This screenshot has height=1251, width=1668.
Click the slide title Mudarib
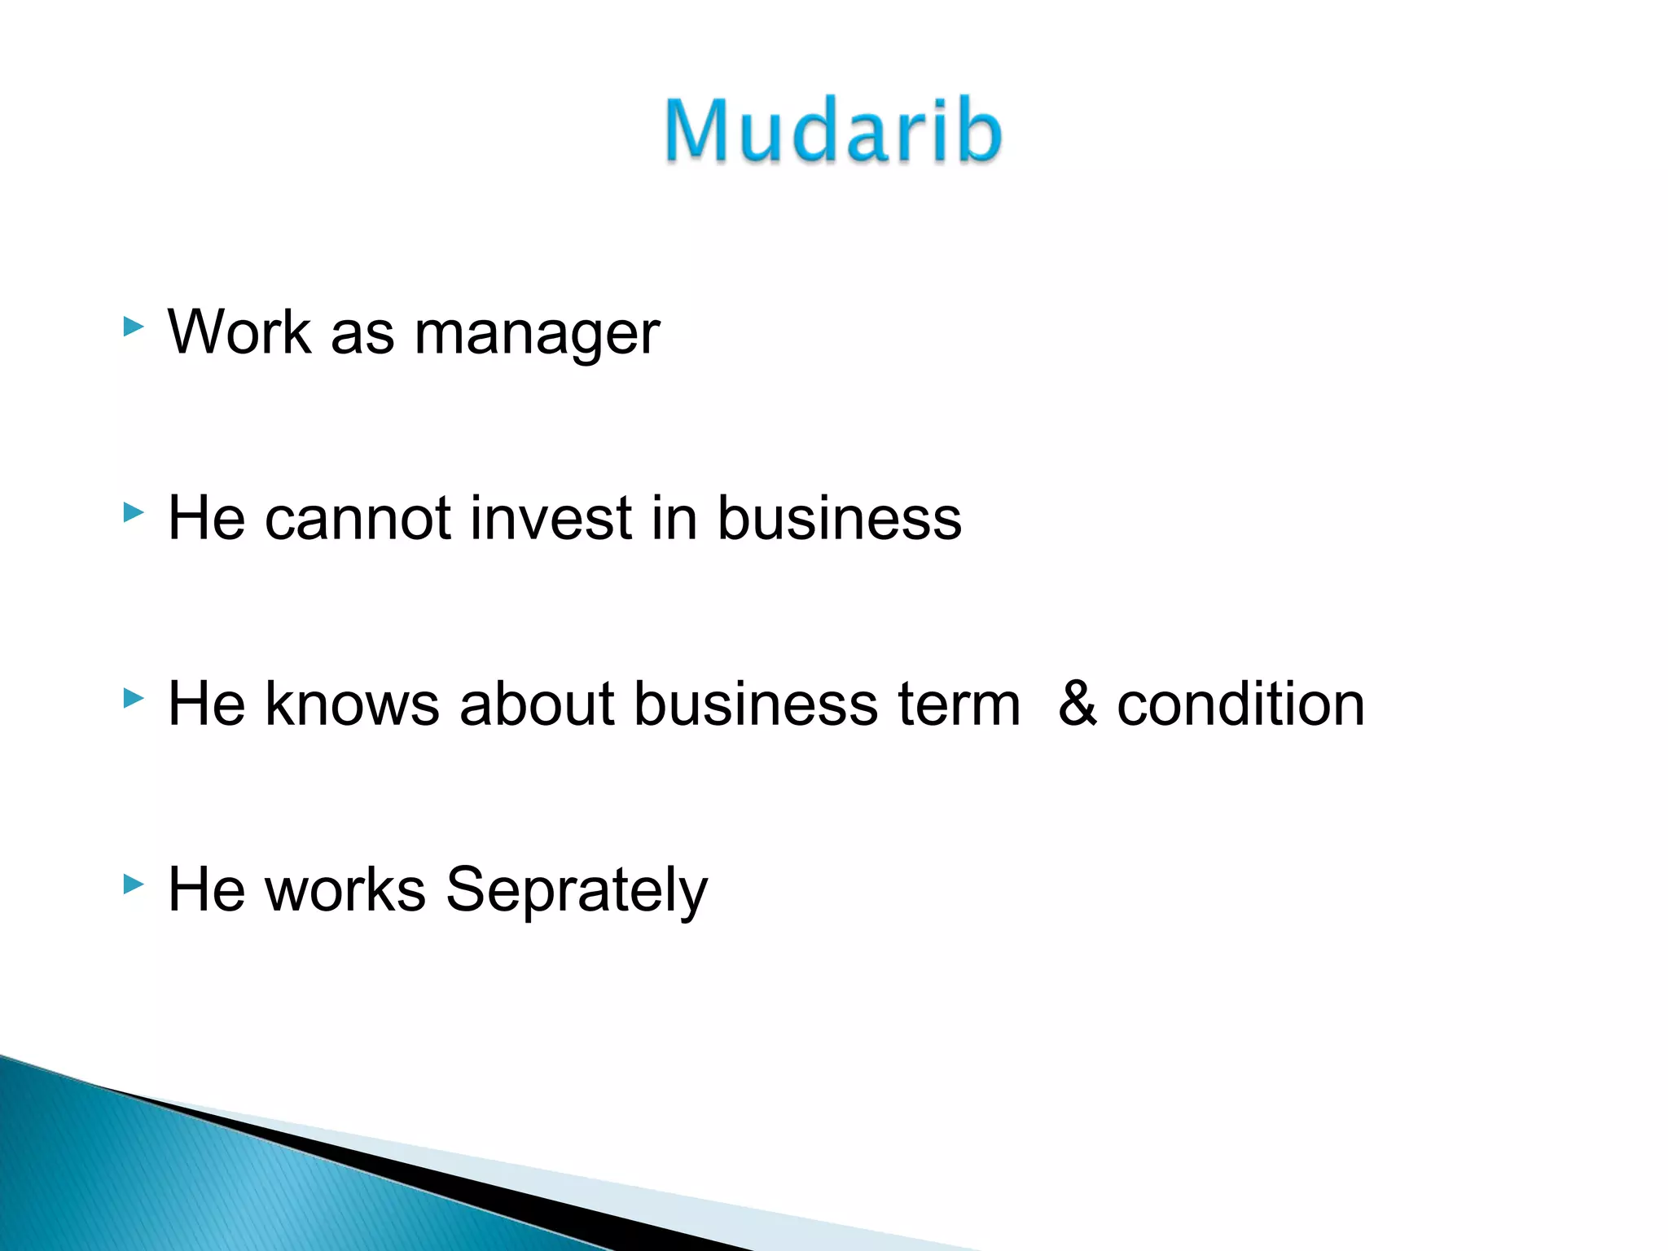click(x=832, y=130)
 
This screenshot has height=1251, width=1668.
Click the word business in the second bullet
click(x=839, y=518)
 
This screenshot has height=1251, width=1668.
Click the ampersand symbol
click(x=1077, y=704)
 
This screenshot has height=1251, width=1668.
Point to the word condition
click(x=1240, y=704)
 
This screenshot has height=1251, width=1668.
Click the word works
click(x=345, y=889)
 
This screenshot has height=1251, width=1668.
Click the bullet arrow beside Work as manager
click(x=133, y=327)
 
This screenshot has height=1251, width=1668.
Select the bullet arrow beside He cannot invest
click(x=133, y=512)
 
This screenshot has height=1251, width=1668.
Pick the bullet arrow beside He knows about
click(x=133, y=698)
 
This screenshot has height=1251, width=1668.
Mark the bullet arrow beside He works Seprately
click(x=133, y=884)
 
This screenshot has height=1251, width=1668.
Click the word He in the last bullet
click(x=206, y=889)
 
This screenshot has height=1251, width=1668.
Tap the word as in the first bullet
click(x=362, y=334)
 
